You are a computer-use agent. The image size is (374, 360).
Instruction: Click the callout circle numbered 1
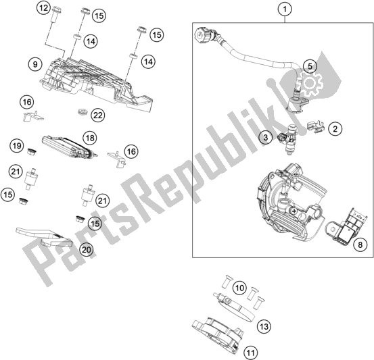click(x=285, y=9)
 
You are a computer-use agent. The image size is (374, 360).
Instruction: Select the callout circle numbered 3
click(x=267, y=138)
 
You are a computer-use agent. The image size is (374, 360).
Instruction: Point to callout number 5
click(x=308, y=66)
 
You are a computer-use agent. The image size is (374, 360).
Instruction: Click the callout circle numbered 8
click(x=360, y=245)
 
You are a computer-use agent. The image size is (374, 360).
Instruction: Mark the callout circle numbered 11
click(x=250, y=351)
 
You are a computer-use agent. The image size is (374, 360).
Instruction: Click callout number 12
click(x=44, y=9)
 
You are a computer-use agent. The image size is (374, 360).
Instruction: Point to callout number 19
click(x=14, y=145)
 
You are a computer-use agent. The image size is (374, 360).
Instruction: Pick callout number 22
click(x=98, y=115)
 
